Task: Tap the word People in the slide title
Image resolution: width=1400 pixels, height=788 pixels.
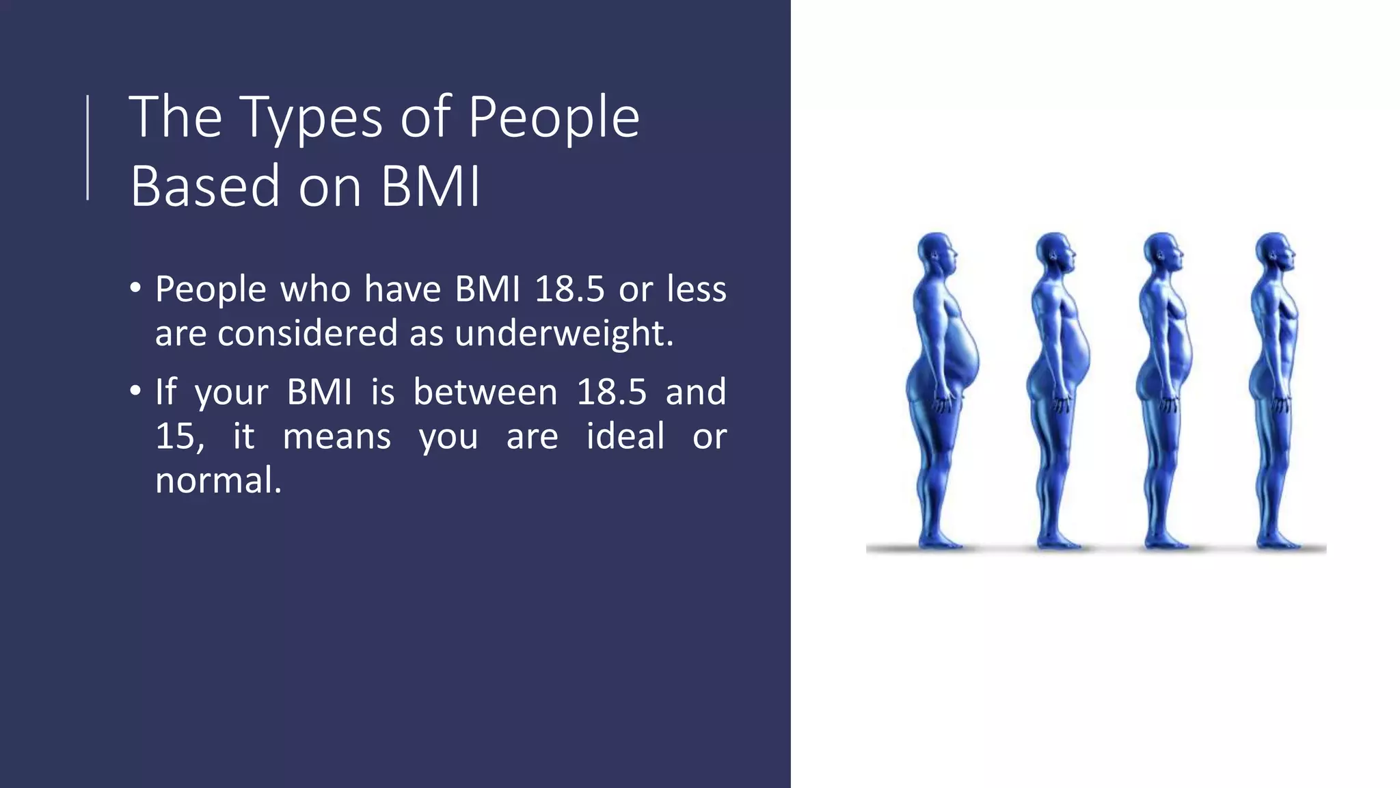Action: [554, 118]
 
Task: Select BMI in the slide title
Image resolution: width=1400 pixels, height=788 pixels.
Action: [431, 186]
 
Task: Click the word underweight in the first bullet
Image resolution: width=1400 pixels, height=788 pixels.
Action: [563, 334]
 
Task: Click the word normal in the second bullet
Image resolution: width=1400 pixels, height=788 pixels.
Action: [217, 480]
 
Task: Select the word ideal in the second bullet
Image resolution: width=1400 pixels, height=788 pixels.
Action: [625, 436]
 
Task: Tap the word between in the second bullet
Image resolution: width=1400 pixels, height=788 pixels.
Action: [485, 392]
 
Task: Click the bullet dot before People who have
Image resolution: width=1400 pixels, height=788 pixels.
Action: [135, 288]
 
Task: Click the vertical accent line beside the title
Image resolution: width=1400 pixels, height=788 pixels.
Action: [87, 147]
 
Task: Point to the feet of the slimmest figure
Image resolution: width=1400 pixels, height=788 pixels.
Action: [1277, 542]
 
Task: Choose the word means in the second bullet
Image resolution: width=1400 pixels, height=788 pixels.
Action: [336, 436]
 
